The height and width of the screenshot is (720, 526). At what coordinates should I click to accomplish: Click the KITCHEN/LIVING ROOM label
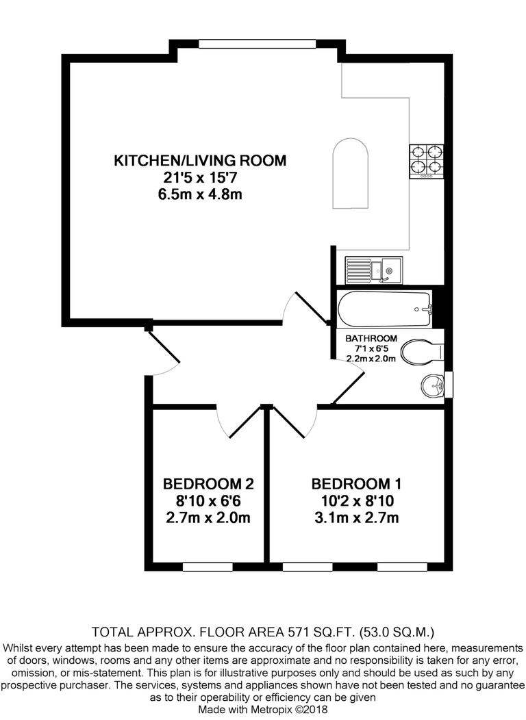199,161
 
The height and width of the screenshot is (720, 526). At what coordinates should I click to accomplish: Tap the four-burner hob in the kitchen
426,162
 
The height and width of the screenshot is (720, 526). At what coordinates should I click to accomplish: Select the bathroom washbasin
432,386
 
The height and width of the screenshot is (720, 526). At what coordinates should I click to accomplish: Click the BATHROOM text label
371,338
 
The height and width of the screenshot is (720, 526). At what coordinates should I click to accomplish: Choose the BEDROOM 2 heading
208,484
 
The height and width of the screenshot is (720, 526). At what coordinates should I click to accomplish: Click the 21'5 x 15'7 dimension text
199,178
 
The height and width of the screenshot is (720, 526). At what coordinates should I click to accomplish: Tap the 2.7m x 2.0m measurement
208,517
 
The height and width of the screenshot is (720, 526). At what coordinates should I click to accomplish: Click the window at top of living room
258,44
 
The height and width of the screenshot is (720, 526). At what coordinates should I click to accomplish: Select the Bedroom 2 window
208,566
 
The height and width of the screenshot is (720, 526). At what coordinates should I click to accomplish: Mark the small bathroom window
449,385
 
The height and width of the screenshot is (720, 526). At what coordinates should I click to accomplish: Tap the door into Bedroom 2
236,422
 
